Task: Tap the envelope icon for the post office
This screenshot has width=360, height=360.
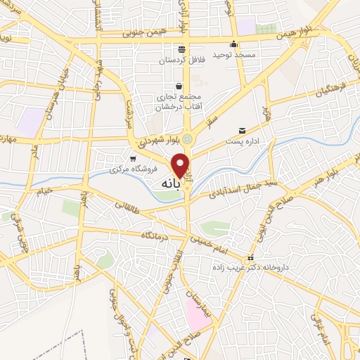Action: (x=242, y=131)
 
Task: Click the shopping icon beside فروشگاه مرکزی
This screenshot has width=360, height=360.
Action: (x=133, y=158)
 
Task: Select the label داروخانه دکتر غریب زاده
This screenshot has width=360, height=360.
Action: (x=245, y=268)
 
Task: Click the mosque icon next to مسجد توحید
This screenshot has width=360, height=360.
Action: (x=233, y=42)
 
